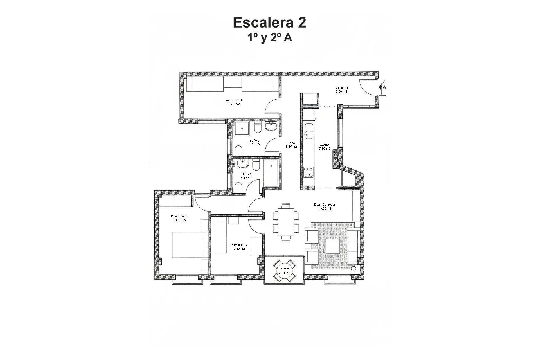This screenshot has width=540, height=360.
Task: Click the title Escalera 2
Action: tap(269, 22)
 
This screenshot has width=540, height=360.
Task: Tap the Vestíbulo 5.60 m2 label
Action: tap(341, 90)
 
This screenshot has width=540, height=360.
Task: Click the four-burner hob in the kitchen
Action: tap(309, 172)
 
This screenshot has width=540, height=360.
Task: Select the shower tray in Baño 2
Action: tap(242, 129)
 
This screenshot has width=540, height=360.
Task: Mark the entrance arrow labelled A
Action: tap(382, 87)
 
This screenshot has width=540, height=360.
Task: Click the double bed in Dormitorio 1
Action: tap(190, 245)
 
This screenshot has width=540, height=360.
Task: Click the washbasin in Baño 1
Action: tap(242, 163)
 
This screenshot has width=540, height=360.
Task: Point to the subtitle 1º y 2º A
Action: tap(269, 38)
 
